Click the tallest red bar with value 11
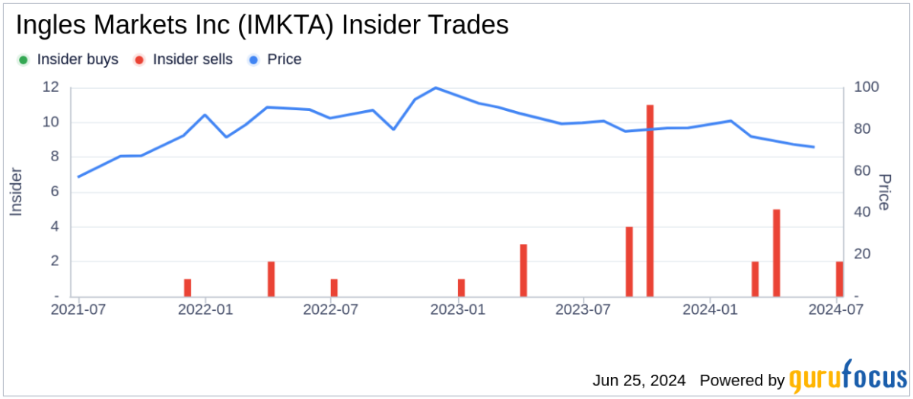pyautogui.click(x=650, y=201)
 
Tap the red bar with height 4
pyautogui.click(x=629, y=261)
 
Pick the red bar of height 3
pyautogui.click(x=523, y=270)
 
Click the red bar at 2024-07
pyautogui.click(x=839, y=279)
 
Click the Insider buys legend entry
pyautogui.click(x=68, y=59)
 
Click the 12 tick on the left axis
pyautogui.click(x=50, y=87)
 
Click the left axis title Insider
pyautogui.click(x=16, y=192)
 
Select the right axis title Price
pyautogui.click(x=885, y=192)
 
